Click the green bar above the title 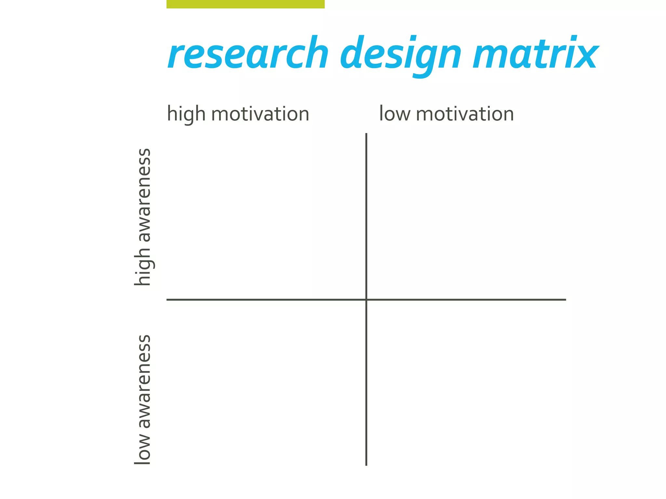click(246, 4)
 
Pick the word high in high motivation click(186, 114)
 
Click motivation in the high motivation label click(260, 114)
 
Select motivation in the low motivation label click(465, 114)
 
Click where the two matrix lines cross click(366, 300)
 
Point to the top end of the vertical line click(366, 134)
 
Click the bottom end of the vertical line click(366, 465)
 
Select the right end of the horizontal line click(565, 300)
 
